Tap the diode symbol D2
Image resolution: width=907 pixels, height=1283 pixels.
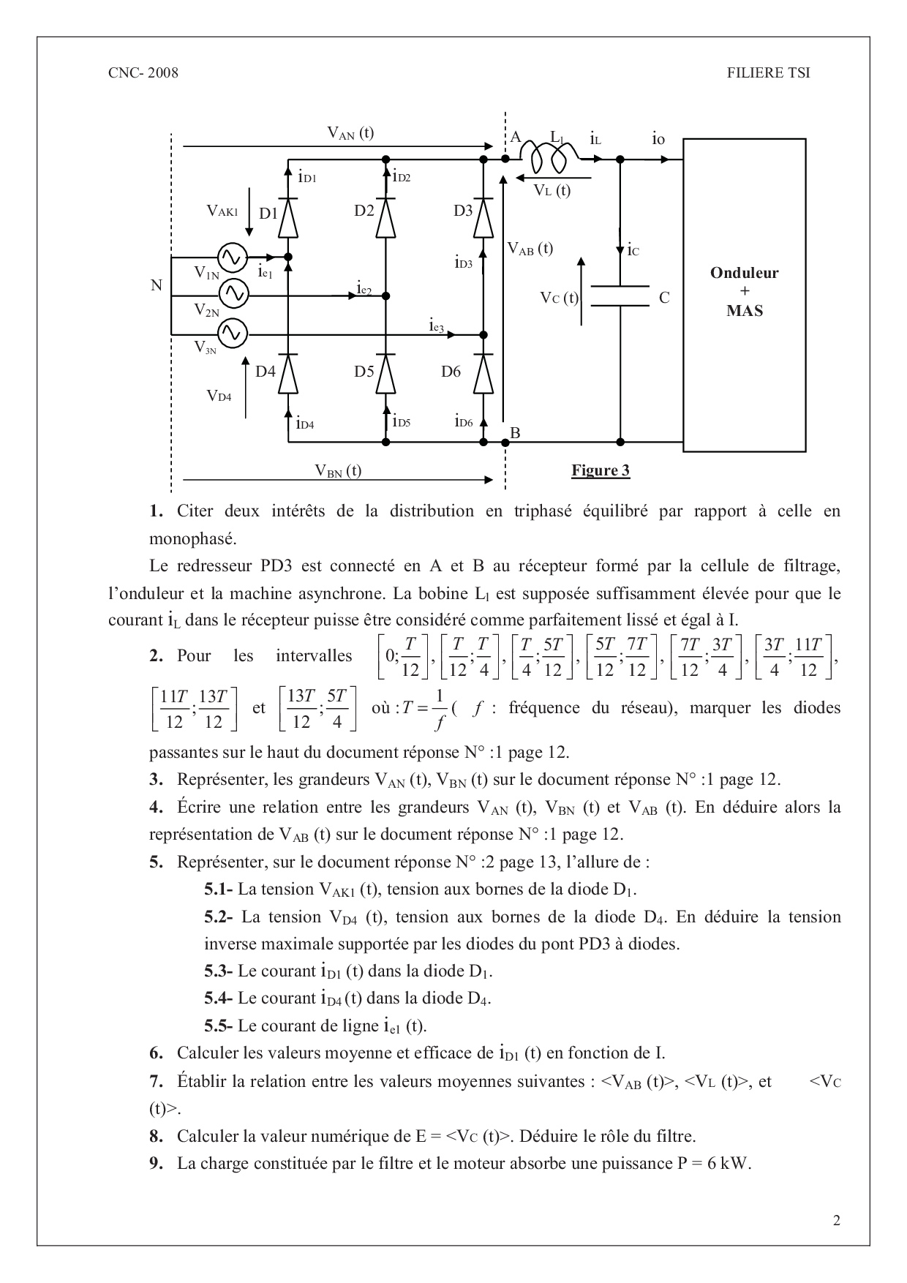(386, 217)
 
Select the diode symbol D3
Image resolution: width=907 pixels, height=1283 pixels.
(483, 217)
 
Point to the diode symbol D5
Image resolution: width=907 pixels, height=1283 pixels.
(386, 374)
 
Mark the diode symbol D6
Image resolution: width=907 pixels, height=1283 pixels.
(483, 374)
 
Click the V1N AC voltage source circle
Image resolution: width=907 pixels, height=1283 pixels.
(233, 257)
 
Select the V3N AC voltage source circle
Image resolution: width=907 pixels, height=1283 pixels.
(233, 334)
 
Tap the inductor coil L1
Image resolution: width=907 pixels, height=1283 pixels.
(549, 155)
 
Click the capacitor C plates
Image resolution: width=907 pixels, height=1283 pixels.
(620, 296)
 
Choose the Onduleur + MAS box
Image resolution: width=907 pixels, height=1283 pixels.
(744, 293)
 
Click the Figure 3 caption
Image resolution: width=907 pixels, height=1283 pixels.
(601, 470)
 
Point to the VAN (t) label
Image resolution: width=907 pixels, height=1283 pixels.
(350, 132)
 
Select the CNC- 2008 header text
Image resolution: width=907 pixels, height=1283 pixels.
(143, 72)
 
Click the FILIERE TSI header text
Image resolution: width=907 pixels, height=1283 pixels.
(768, 72)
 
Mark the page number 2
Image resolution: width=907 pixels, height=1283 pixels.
(837, 1220)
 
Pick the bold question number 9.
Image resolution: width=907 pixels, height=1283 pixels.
(156, 1163)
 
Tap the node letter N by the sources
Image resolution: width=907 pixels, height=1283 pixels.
(157, 285)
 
